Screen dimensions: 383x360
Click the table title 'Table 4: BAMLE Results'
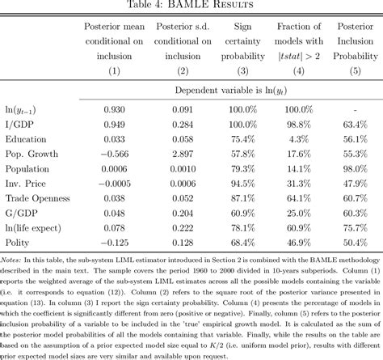[191, 6]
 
